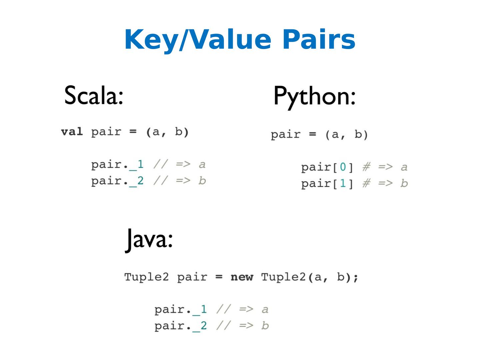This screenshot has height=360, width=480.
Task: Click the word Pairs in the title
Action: [319, 40]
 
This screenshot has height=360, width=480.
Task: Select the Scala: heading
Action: [94, 95]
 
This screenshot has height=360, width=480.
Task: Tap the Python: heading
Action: [314, 96]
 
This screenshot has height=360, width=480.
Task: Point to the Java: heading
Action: [149, 239]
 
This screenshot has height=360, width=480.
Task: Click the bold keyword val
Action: [72, 132]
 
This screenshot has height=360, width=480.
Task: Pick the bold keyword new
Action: [242, 277]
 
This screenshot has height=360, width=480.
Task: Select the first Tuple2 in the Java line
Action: [146, 277]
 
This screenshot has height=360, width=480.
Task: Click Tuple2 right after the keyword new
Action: [283, 277]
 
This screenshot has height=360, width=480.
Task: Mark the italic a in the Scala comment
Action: [202, 164]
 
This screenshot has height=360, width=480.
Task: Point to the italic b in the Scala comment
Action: [202, 180]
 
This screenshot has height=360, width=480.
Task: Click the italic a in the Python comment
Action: [404, 167]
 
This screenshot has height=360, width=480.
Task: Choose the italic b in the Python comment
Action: [404, 183]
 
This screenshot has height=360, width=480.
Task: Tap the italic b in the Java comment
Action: [265, 325]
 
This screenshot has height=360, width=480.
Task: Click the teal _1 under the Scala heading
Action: [137, 164]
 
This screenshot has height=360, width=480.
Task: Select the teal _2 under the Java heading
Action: [200, 326]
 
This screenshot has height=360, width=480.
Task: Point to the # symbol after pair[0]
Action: [366, 167]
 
